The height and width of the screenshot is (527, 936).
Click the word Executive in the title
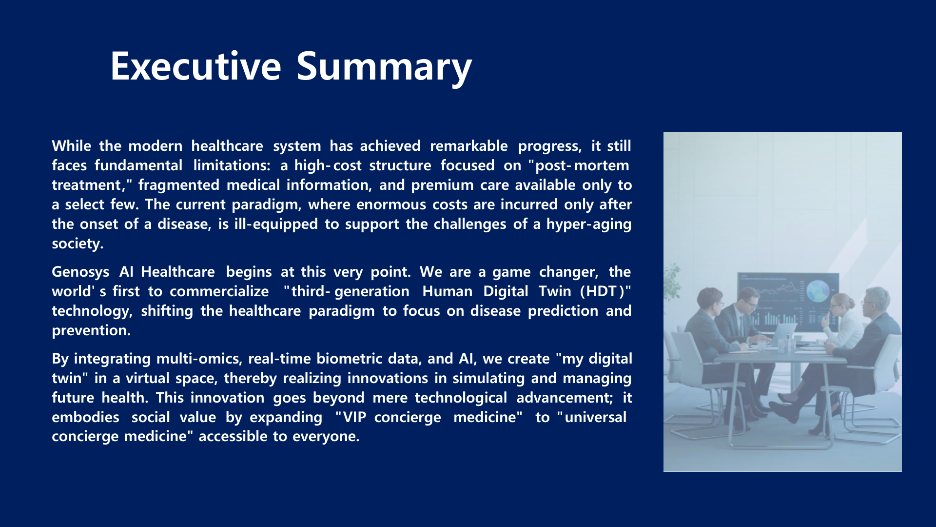click(x=196, y=66)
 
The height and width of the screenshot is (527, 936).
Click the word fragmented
click(x=179, y=185)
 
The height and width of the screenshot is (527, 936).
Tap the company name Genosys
click(x=80, y=272)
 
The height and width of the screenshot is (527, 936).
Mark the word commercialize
click(x=219, y=291)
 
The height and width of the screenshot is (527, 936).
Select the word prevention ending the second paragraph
click(x=91, y=330)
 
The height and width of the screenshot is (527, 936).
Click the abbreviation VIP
click(x=355, y=417)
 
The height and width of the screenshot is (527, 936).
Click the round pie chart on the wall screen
click(x=818, y=291)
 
